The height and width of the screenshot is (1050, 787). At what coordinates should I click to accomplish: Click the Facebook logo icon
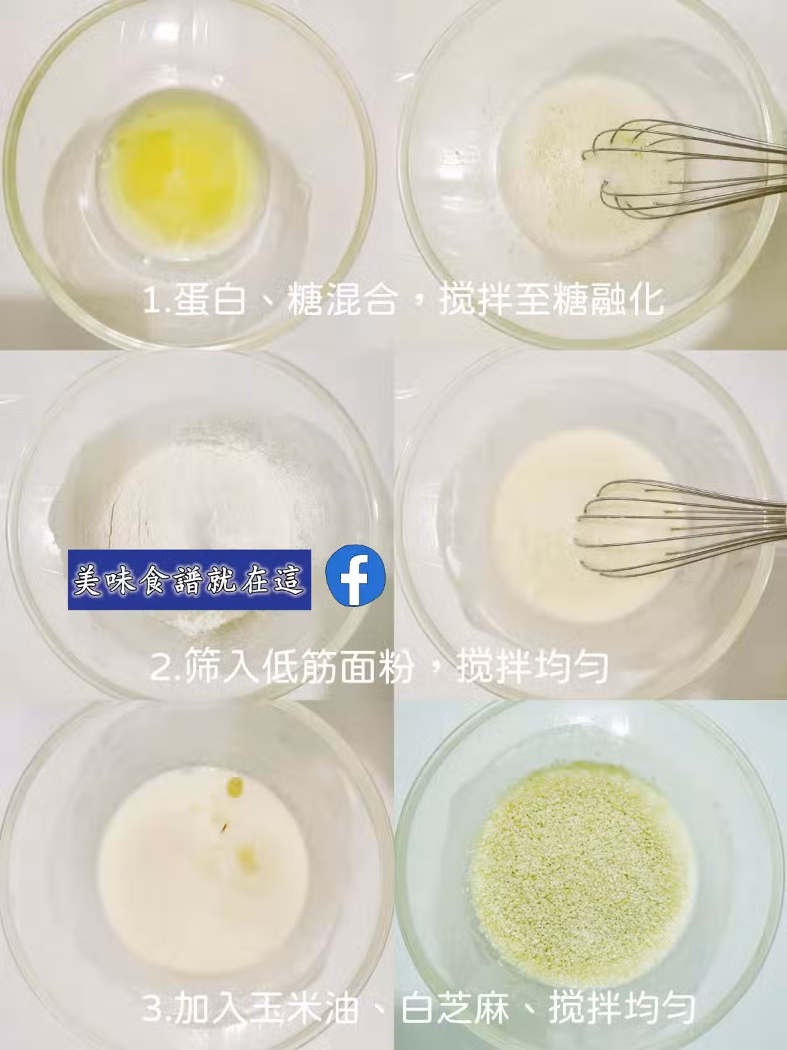coord(355,576)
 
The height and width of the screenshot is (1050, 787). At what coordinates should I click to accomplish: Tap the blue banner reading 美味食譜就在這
coord(190,579)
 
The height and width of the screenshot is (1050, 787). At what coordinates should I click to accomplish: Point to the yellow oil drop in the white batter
coord(235,785)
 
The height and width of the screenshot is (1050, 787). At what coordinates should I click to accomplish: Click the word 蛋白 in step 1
coord(211,301)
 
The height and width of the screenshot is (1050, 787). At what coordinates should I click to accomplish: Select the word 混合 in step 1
coord(361,301)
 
